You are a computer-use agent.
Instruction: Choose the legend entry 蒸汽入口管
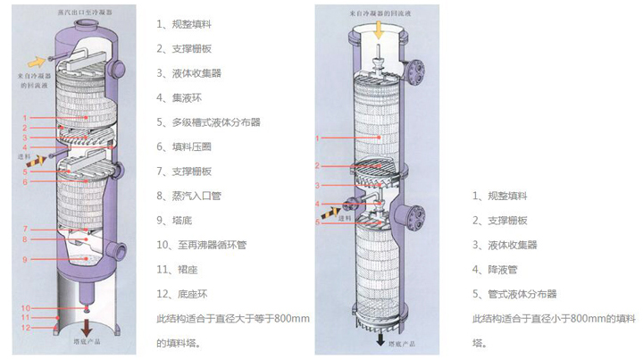point(191,195)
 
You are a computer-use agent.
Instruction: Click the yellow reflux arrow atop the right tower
point(379,29)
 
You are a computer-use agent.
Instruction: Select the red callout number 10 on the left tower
point(26,308)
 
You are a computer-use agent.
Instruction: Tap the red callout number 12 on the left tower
point(26,328)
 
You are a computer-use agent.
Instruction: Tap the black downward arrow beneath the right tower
point(380,339)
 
